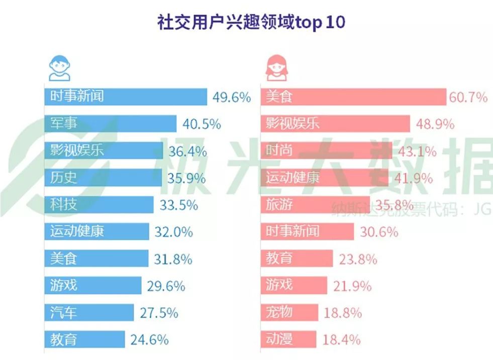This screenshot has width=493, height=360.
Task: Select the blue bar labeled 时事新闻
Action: tap(126, 96)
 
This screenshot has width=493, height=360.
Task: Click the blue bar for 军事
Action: tap(110, 124)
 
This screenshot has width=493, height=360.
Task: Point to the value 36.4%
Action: tap(189, 151)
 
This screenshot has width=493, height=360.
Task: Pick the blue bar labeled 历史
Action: tap(103, 178)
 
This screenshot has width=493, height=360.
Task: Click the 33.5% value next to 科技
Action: tap(179, 205)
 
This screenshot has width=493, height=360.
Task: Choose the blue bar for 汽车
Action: tap(89, 313)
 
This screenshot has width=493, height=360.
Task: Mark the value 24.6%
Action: tap(149, 340)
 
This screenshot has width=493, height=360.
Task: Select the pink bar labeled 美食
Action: tap(354, 97)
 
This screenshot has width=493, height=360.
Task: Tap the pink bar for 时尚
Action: tap(327, 151)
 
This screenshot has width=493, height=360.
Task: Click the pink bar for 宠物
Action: tap(289, 313)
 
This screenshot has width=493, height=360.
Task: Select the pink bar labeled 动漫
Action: tap(288, 340)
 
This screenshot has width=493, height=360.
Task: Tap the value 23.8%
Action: tap(358, 259)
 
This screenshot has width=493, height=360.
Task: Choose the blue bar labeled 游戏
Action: tap(92, 286)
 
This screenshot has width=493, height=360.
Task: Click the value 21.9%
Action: tap(352, 286)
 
